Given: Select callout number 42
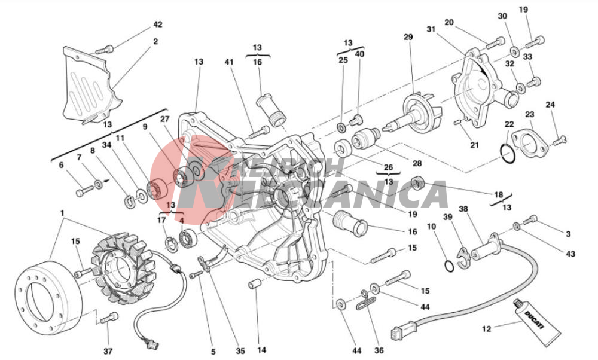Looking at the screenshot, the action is click(157, 25).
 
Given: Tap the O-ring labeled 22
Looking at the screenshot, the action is click(508, 154).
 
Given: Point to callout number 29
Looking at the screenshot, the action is click(408, 37).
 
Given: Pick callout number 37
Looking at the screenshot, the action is click(108, 351).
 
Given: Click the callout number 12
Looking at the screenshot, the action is click(487, 328).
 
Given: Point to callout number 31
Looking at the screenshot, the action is click(431, 29).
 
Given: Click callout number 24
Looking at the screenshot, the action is click(550, 105).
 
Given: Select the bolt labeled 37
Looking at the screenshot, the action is click(109, 318).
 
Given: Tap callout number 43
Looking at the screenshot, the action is click(570, 254).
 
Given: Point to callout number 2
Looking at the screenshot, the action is click(155, 41).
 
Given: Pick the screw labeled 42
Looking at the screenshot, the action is click(104, 50).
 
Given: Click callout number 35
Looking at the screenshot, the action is click(240, 351).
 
